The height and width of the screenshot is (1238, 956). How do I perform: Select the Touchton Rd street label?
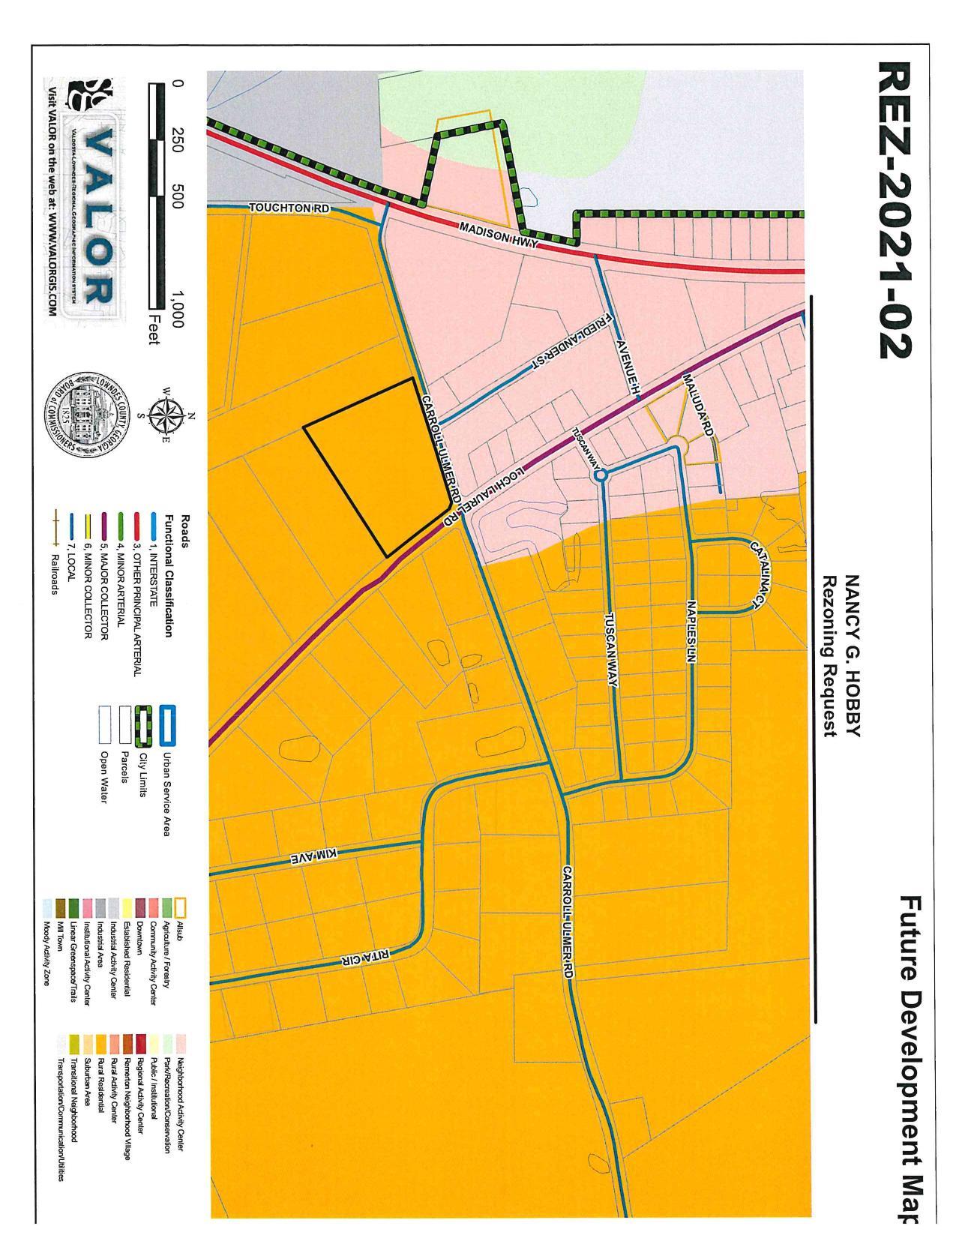pyautogui.click(x=289, y=208)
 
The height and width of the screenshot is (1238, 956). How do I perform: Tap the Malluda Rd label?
pyautogui.click(x=697, y=403)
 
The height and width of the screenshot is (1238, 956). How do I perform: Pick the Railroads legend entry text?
pyautogui.click(x=55, y=574)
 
